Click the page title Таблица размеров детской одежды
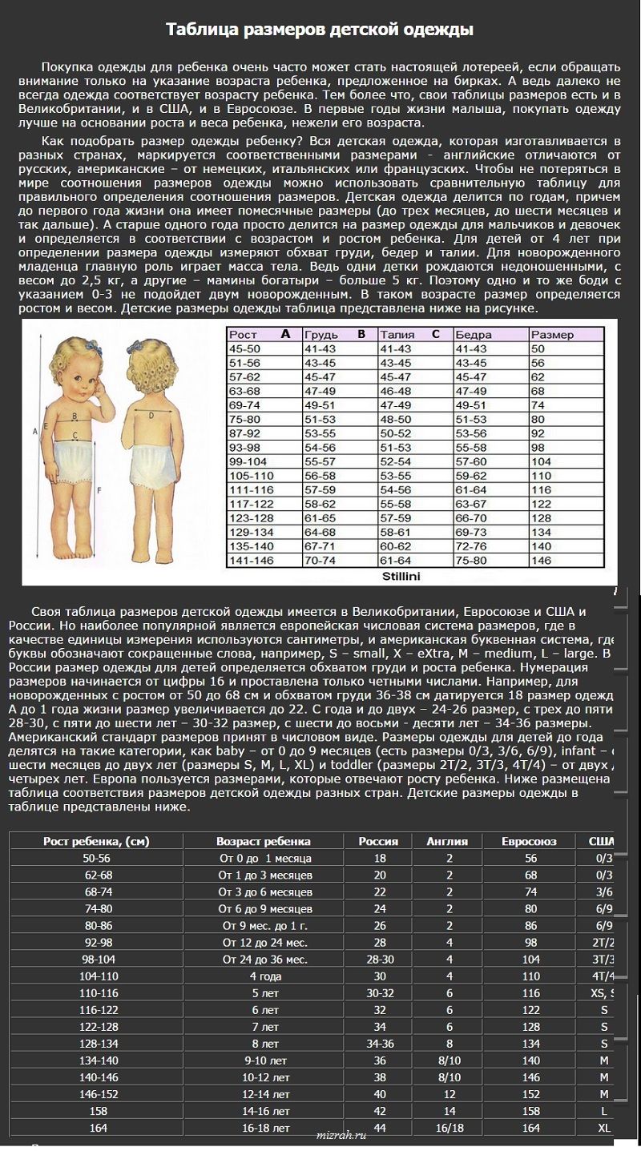coord(320,30)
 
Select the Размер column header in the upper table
coord(552,335)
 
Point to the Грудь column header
coord(321,335)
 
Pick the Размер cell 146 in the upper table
coord(541,561)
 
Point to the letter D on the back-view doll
coord(151,414)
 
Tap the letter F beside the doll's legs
coord(98,489)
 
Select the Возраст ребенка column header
coord(264,842)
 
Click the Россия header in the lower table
coord(379,842)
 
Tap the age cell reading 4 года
coord(264,976)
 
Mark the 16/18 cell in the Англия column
coord(450,1128)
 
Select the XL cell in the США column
coord(603,1128)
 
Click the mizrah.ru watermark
coord(342,1135)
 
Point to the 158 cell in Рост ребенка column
coord(96,1111)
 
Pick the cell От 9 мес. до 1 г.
coord(264,924)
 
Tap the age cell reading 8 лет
coord(264,1044)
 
